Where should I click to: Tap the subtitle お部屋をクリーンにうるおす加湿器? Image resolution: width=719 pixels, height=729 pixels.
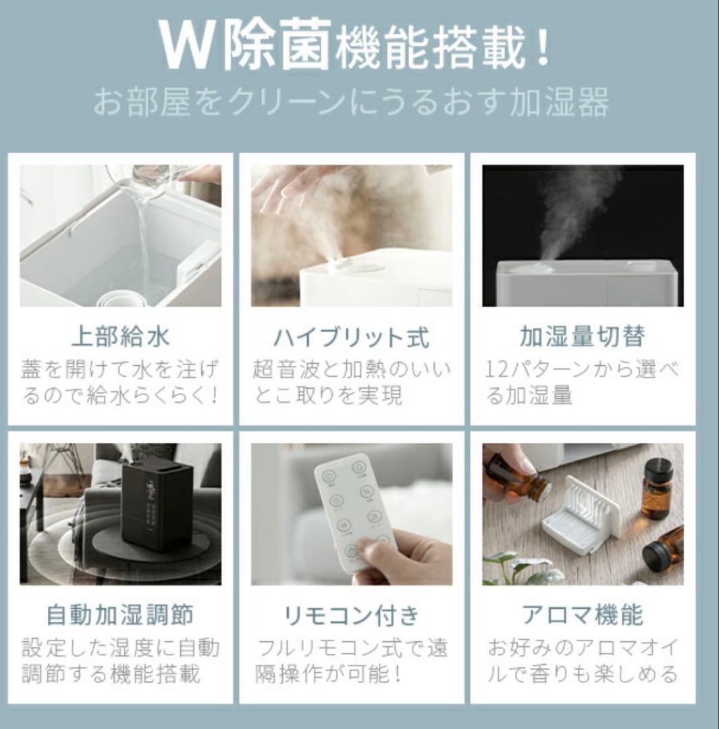351,103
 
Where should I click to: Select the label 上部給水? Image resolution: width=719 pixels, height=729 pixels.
120,336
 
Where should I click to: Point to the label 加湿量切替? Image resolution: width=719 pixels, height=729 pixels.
582,336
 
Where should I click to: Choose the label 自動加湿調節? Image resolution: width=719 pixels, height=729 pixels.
120,615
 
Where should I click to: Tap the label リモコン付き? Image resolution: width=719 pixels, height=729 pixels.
351,615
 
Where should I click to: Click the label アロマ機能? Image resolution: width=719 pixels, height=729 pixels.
582,615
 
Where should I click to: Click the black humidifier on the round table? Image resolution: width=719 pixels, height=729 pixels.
157,503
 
